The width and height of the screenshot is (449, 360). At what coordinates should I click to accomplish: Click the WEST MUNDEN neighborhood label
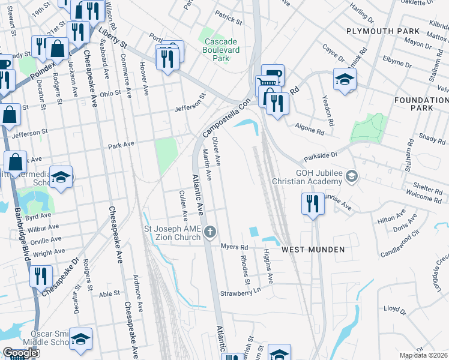pyautogui.click(x=313, y=249)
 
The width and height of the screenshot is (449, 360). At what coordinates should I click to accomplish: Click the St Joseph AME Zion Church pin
pyautogui.click(x=210, y=232)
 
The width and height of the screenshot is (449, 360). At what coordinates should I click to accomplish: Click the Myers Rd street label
pyautogui.click(x=234, y=247)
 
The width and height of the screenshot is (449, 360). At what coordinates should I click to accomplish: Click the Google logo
pyautogui.click(x=20, y=353)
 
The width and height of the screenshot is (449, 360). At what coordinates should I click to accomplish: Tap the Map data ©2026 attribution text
pyautogui.click(x=423, y=355)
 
